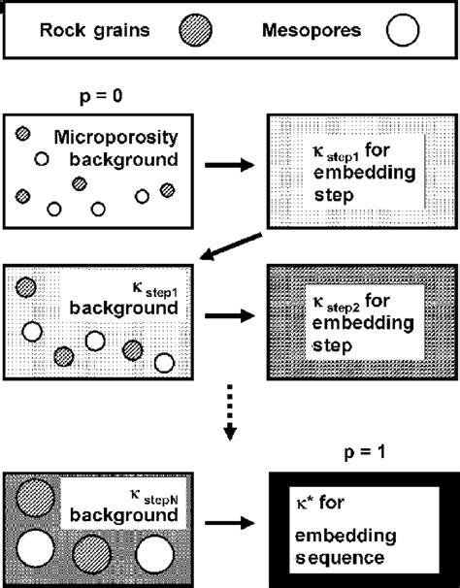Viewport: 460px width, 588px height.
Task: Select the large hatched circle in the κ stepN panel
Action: point(36,499)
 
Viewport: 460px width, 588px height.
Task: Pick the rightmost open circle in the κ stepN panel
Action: point(155,556)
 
